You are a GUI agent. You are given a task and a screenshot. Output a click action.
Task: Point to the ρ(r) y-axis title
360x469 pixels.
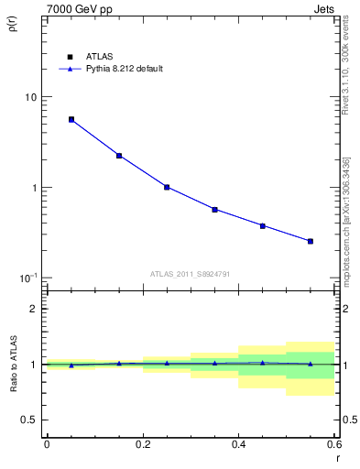pos(13,23)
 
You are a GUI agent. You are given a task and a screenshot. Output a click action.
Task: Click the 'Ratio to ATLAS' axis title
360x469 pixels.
pos(13,364)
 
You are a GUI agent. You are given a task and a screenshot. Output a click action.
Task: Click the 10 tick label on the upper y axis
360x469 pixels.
pos(31,97)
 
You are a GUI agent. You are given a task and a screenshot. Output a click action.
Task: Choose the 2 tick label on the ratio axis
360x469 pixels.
pos(35,309)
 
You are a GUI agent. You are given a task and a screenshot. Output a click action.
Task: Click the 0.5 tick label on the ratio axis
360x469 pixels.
pos(30,420)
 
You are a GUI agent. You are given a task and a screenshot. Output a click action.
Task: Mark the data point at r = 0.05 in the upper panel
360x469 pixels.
pos(71,119)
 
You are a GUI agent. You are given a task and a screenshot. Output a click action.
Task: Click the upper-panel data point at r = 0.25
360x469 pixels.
pos(167,187)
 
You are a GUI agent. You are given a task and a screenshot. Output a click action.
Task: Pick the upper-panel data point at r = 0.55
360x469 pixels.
pos(311,241)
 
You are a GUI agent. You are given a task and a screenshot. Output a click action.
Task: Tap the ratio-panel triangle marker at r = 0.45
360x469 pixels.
pos(263,363)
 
